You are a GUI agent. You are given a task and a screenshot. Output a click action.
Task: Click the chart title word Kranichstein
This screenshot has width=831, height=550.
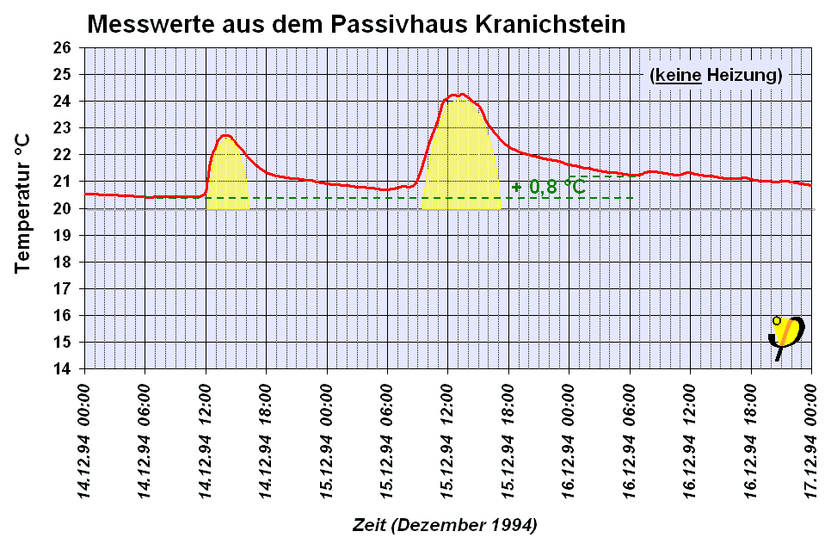click(x=550, y=24)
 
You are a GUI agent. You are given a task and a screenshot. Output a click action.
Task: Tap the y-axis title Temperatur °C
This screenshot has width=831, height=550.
click(x=23, y=203)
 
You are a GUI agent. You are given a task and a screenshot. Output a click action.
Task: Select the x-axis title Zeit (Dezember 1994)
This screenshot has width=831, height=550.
click(x=444, y=524)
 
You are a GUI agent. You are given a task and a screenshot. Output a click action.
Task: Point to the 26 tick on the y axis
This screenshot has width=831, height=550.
click(x=62, y=47)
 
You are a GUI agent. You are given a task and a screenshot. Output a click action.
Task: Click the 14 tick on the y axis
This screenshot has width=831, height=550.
click(x=62, y=369)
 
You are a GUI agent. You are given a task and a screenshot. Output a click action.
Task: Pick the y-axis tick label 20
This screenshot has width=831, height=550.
click(x=62, y=208)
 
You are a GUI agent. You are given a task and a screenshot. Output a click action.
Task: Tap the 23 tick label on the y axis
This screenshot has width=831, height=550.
click(x=62, y=128)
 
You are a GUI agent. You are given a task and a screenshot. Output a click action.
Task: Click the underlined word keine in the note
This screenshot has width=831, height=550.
click(x=677, y=75)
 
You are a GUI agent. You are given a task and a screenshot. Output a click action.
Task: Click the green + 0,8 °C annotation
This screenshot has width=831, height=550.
click(x=548, y=187)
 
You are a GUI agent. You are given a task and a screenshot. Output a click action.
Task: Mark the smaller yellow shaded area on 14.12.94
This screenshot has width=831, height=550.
click(x=227, y=176)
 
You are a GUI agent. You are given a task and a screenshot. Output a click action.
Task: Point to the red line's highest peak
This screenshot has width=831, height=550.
click(x=462, y=95)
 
